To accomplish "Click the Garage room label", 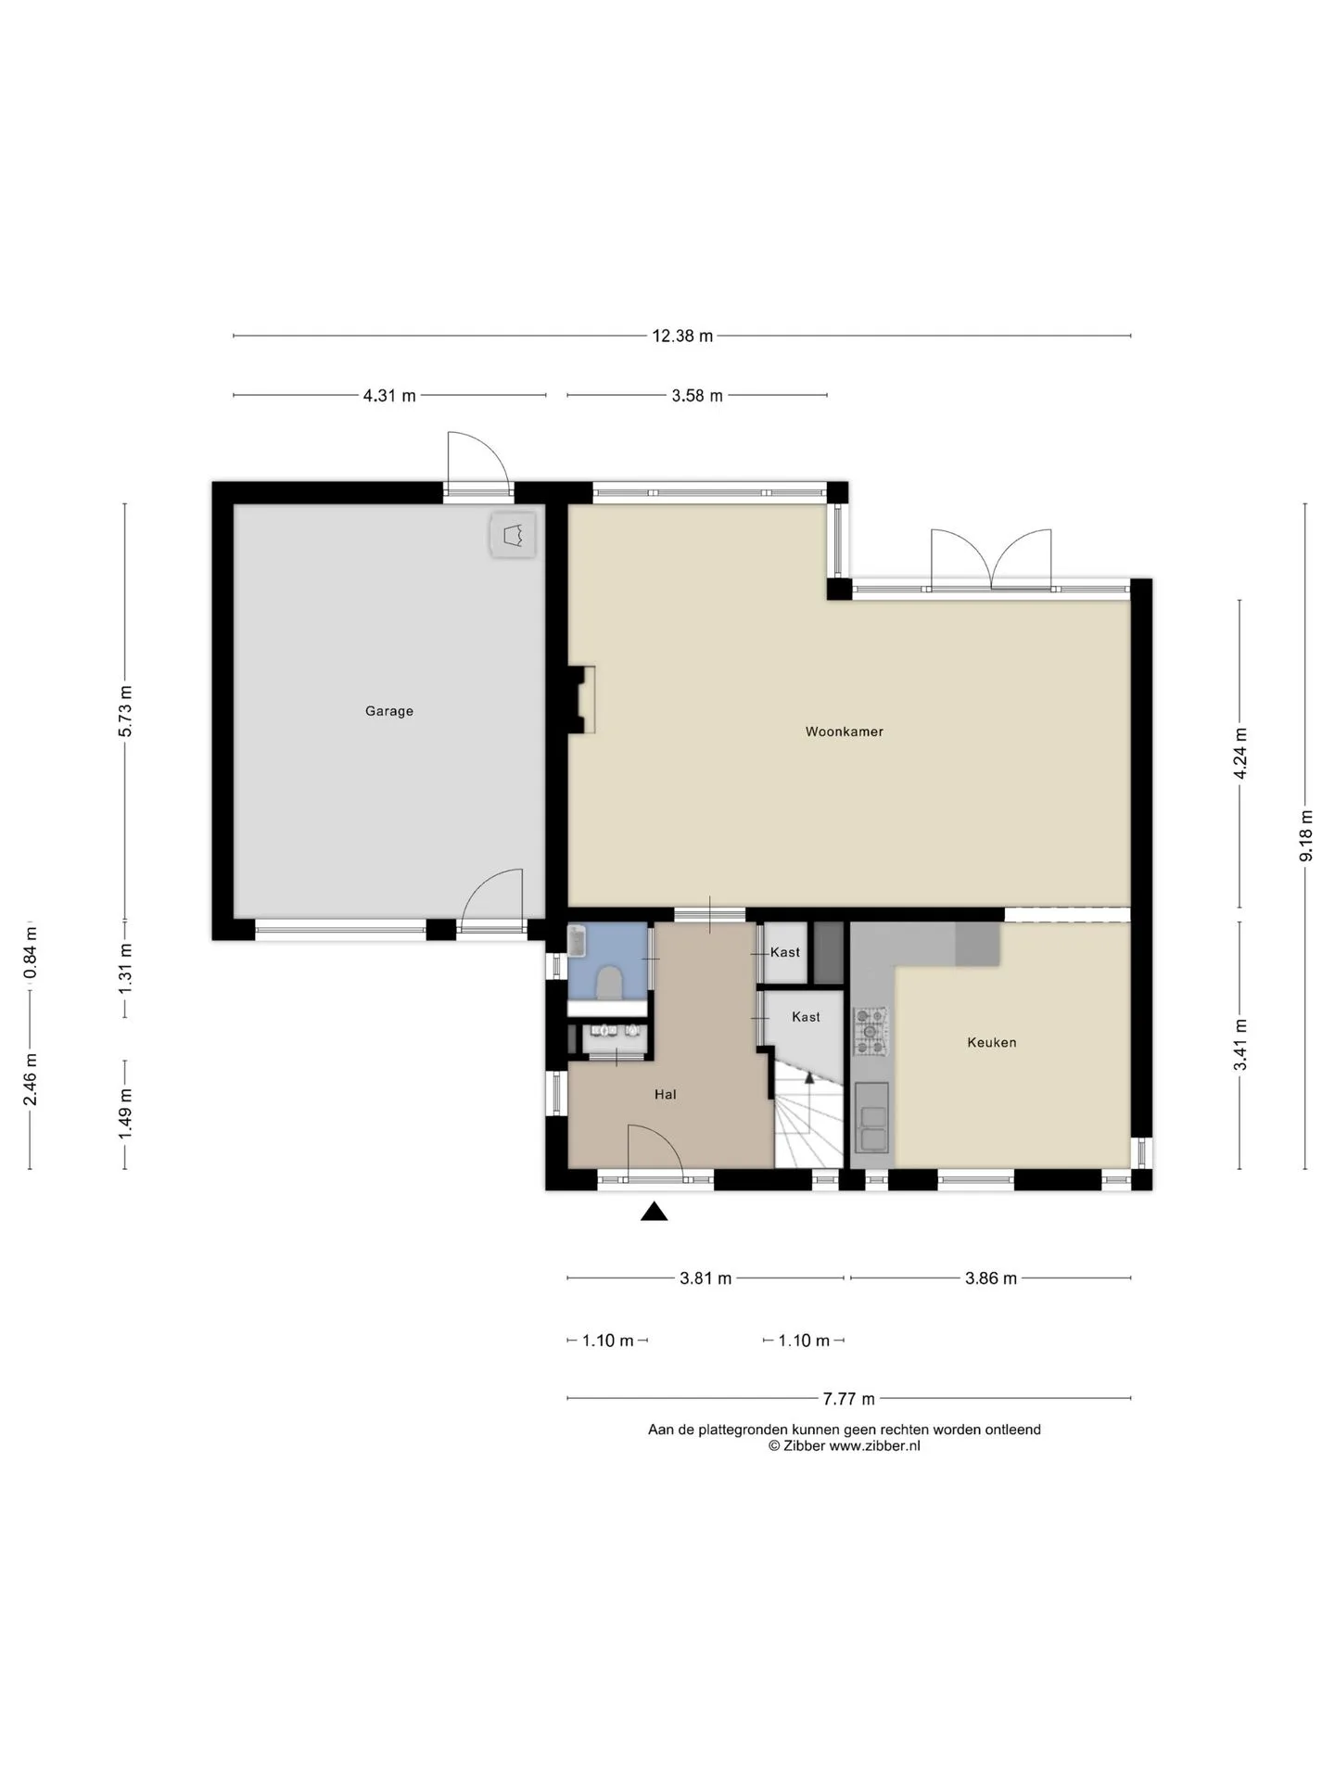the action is (x=388, y=711).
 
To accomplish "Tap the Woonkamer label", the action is (x=844, y=731).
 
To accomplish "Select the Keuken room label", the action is (x=991, y=1042).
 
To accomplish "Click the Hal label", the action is (x=665, y=1094).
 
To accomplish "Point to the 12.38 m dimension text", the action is (x=682, y=336).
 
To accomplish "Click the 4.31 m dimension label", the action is (x=389, y=395).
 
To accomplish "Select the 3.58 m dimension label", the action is (x=697, y=395).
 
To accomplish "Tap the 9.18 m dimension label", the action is (x=1305, y=835).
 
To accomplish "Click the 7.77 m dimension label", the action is (x=849, y=1398).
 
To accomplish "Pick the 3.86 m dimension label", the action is (x=991, y=1278).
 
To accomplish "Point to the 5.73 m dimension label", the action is (x=125, y=711).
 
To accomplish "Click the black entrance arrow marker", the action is (x=655, y=1211).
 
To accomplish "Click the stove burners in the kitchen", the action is (x=871, y=1031).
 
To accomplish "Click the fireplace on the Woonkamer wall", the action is (x=581, y=700).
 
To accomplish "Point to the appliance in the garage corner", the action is (x=513, y=535).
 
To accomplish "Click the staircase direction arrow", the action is (x=809, y=1076).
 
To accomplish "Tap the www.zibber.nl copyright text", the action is (x=844, y=1445).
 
